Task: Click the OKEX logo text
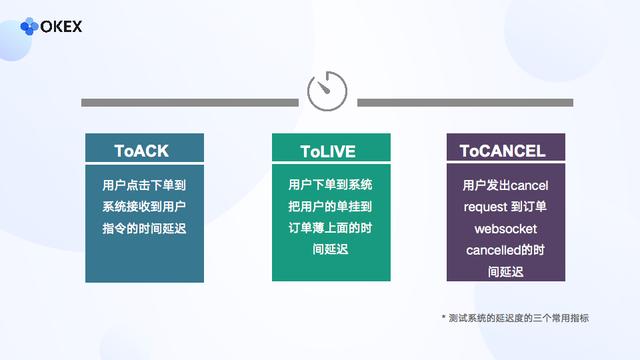[61, 26]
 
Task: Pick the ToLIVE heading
[328, 152]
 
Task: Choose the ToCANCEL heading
[503, 152]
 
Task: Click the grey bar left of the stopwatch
[190, 102]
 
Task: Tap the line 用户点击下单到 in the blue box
[144, 185]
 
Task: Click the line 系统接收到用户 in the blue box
[144, 207]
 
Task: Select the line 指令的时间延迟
[144, 229]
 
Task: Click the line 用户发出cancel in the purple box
[506, 186]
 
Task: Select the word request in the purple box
[485, 208]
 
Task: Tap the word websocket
[506, 229]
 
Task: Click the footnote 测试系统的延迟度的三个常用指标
[521, 317]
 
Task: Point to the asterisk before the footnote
[444, 316]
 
